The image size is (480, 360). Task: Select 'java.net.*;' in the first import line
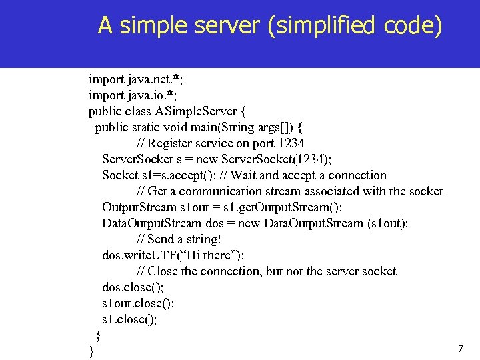(x=155, y=79)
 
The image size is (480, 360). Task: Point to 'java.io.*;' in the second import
(x=151, y=95)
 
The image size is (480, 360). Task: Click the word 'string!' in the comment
(x=203, y=239)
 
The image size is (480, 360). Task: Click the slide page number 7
(x=460, y=349)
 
